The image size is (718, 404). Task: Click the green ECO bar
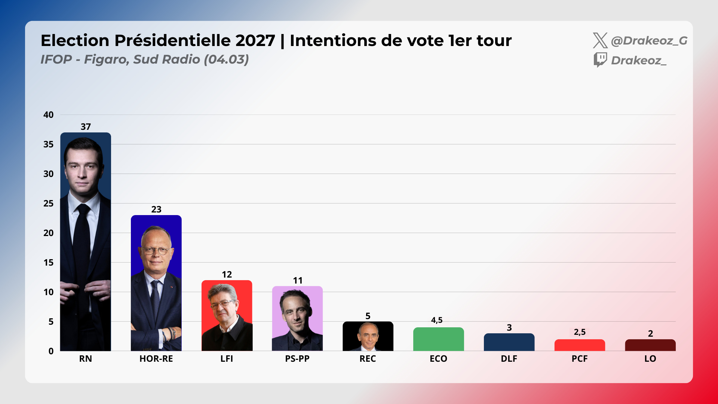438,339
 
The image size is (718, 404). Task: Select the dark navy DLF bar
509,342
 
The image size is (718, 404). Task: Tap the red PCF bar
579,345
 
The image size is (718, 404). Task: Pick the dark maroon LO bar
650,345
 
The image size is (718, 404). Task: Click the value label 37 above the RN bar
86,127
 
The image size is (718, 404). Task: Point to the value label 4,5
436,320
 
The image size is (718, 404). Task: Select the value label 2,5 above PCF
579,332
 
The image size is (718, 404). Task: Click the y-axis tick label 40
48,115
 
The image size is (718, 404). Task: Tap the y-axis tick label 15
48,263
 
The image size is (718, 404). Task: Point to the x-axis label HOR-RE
156,359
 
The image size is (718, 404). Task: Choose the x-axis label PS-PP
297,359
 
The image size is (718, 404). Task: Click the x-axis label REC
368,359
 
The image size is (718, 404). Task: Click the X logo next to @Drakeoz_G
600,40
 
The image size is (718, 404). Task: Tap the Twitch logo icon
600,60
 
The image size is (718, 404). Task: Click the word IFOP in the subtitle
56,59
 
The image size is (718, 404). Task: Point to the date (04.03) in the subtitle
226,59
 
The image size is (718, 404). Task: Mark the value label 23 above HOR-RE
156,209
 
